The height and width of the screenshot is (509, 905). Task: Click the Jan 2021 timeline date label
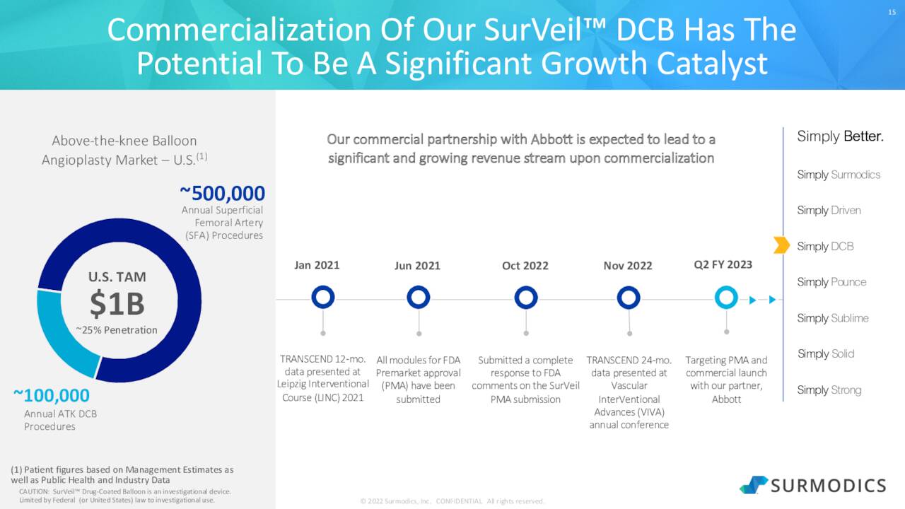(x=317, y=265)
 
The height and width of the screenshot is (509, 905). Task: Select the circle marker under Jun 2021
(x=418, y=298)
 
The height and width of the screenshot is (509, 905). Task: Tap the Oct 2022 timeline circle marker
(x=525, y=298)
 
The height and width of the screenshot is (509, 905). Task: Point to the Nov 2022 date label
(x=628, y=266)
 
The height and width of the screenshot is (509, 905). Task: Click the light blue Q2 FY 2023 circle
(x=726, y=298)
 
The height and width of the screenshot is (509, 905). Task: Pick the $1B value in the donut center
(x=117, y=305)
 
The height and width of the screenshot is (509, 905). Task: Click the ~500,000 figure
(x=222, y=193)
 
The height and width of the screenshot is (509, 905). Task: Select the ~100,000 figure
(x=51, y=395)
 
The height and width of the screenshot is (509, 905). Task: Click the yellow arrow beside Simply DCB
(x=781, y=245)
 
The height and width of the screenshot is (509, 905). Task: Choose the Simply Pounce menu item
(x=831, y=282)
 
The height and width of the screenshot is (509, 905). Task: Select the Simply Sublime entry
(x=833, y=318)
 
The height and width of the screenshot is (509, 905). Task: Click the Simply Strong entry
(x=829, y=390)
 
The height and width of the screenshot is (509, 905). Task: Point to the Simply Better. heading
(x=840, y=136)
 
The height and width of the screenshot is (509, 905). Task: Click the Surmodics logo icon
(x=754, y=484)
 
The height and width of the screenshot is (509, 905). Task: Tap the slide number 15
(x=892, y=11)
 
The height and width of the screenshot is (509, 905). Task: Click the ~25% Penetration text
(x=117, y=330)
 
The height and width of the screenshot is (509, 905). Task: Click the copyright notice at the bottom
(x=452, y=501)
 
